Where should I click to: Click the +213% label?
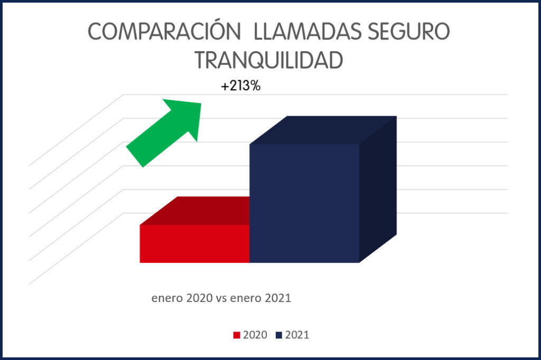click(241, 87)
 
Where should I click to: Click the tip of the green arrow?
click(200, 103)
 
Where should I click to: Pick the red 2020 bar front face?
click(194, 243)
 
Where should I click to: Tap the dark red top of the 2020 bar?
click(201, 211)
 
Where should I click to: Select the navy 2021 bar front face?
click(304, 203)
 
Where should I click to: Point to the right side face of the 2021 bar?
click(378, 190)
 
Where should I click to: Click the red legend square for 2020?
click(237, 335)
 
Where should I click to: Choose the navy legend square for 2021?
click(278, 335)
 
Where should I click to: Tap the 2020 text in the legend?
click(255, 335)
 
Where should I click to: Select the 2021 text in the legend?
click(297, 335)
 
